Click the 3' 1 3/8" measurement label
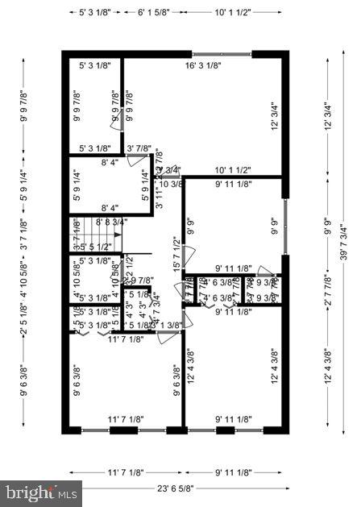coord(168,325)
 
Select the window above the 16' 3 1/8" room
coord(220,53)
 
